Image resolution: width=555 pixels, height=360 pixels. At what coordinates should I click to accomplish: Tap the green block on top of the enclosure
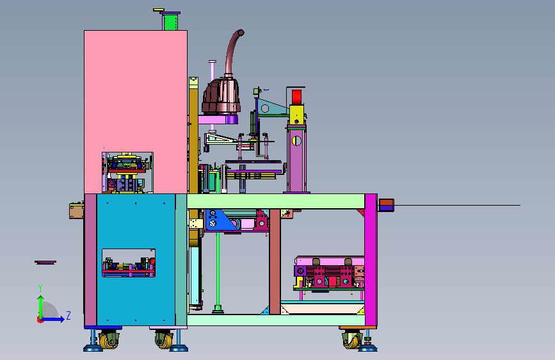point(170,22)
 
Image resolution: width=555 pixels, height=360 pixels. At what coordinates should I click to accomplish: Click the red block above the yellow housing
point(296,97)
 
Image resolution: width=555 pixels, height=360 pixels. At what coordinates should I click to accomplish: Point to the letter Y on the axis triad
point(40,288)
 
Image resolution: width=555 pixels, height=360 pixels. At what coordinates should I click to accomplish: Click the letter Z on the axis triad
point(68,315)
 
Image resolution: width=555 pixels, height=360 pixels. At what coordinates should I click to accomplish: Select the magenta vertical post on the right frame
point(371,259)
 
